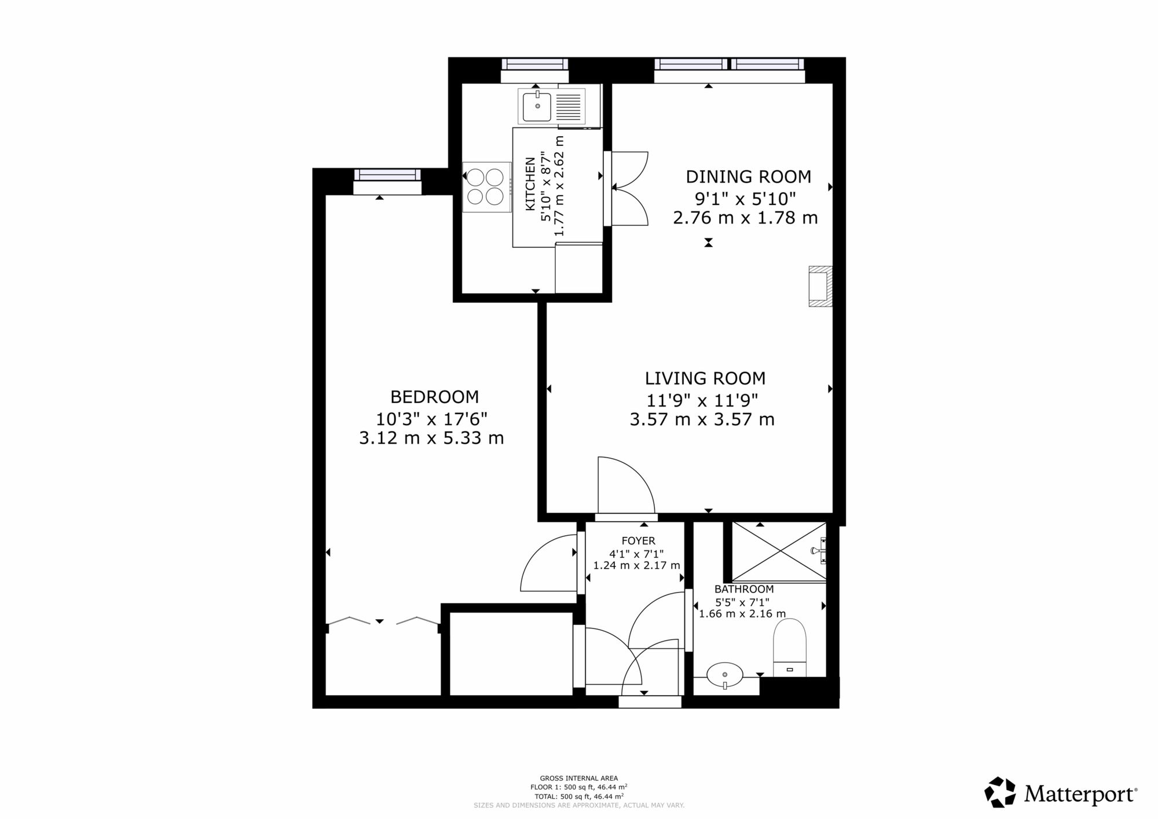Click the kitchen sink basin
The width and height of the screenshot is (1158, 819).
tap(537, 107)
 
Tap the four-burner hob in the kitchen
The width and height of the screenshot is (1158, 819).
tap(486, 187)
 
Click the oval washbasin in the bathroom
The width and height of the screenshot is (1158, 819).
tap(725, 674)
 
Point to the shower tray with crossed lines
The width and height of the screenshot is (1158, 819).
tap(779, 551)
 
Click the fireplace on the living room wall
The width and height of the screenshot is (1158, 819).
tap(820, 286)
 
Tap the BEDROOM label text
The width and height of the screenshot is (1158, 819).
tap(434, 397)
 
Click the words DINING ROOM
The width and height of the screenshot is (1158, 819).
tap(748, 177)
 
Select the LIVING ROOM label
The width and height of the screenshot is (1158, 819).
tap(705, 379)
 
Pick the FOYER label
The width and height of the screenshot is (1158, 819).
tap(638, 541)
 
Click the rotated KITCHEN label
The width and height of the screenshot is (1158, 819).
tap(529, 184)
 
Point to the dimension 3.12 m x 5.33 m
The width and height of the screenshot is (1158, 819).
tap(431, 438)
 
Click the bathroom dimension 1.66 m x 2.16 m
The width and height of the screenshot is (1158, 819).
tap(742, 614)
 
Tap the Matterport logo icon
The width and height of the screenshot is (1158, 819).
tap(1000, 792)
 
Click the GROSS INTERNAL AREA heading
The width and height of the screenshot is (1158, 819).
tap(578, 778)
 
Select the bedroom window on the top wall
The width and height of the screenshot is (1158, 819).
tap(387, 174)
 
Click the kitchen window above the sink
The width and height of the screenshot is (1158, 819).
tap(534, 64)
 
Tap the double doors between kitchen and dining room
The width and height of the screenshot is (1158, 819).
tap(629, 188)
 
